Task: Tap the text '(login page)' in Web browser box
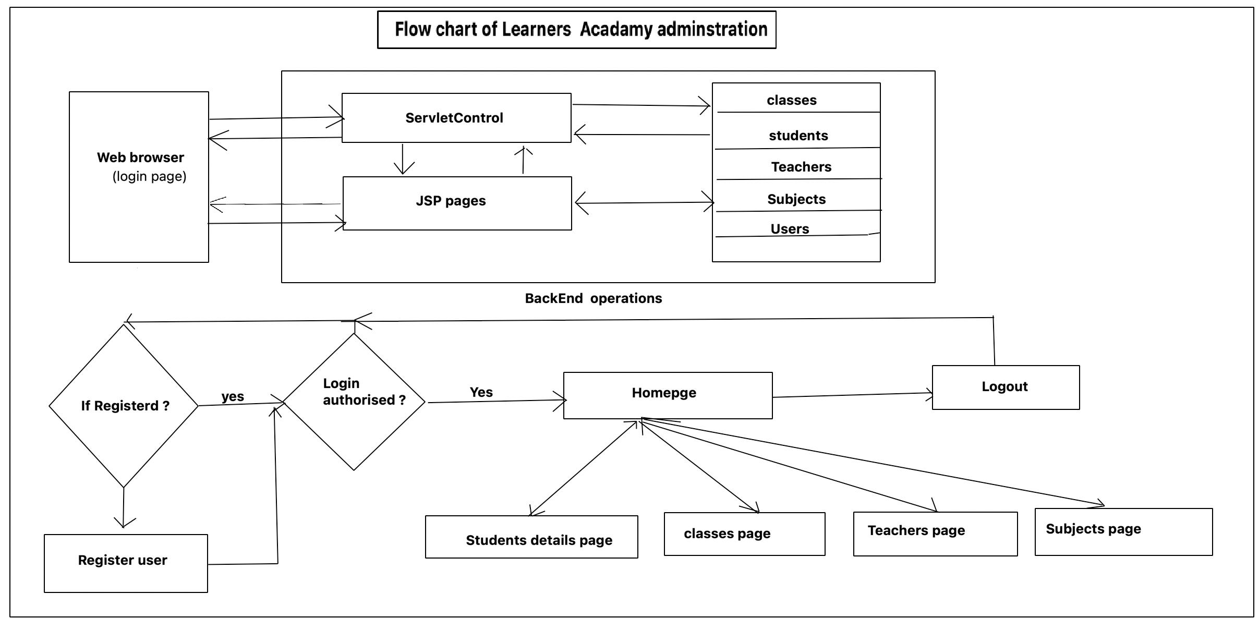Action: tap(149, 177)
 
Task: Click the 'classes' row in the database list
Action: tap(791, 100)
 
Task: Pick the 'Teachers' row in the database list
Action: tap(801, 167)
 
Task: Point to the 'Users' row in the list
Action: tap(790, 229)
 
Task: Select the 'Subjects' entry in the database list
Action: tap(796, 199)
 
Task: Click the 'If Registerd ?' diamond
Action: tap(124, 406)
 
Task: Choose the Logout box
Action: tap(1005, 387)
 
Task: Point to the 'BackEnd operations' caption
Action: tap(593, 298)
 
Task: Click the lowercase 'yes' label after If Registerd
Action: tap(233, 396)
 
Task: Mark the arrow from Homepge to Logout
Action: tap(852, 395)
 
